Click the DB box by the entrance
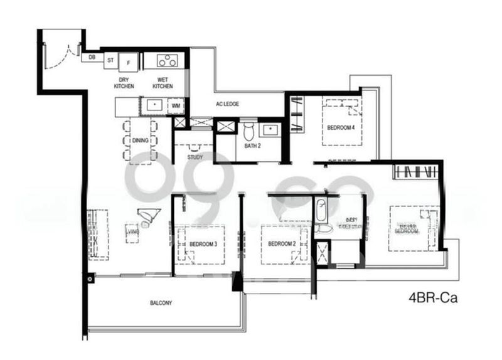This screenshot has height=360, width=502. pyautogui.click(x=92, y=58)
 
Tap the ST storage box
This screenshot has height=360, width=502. pyautogui.click(x=110, y=60)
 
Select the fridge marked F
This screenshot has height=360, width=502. pyautogui.click(x=129, y=61)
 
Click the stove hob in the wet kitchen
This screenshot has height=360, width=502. pyautogui.click(x=168, y=61)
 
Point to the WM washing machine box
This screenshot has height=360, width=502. pyautogui.click(x=176, y=105)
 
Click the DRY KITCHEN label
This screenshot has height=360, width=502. pyautogui.click(x=125, y=83)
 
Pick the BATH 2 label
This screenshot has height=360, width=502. pyautogui.click(x=253, y=146)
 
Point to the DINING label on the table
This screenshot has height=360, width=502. pyautogui.click(x=141, y=140)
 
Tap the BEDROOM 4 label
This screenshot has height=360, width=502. pyautogui.click(x=341, y=127)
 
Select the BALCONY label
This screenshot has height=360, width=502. pyautogui.click(x=161, y=303)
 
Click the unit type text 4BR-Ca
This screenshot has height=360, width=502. pyautogui.click(x=433, y=298)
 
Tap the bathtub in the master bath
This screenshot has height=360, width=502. pyautogui.click(x=321, y=209)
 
